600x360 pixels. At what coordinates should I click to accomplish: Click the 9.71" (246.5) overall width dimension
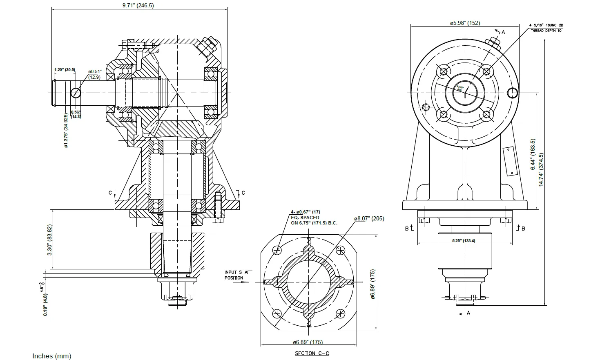138,5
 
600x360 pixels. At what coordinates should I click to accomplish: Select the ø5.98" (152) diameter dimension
465,23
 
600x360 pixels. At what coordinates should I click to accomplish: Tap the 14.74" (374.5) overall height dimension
541,170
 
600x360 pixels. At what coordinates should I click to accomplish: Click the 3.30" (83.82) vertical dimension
50,240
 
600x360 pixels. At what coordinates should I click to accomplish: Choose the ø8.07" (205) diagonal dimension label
369,218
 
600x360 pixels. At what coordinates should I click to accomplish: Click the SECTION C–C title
312,353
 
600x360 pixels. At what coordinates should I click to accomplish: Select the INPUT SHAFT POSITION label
238,275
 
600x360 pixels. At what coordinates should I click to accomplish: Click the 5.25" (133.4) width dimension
464,241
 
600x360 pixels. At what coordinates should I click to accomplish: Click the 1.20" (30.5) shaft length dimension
65,69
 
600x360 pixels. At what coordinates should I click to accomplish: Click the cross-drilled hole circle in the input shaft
76,93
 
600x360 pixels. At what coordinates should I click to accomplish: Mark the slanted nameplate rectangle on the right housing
510,161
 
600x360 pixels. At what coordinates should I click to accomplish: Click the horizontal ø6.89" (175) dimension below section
308,342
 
